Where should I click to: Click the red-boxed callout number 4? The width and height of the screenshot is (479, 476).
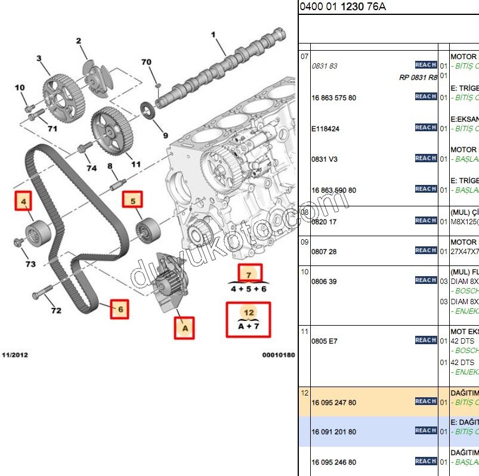coord(24,202)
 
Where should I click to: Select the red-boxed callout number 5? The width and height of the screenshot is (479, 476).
coord(132,200)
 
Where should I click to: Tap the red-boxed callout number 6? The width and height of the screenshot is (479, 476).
coord(119,309)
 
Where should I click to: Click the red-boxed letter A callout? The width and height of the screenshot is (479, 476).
coord(184,327)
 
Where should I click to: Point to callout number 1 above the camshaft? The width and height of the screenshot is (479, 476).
coord(213,35)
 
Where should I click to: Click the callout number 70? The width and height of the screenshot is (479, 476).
coord(146,62)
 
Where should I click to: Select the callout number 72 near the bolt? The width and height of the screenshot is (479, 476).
coord(55,311)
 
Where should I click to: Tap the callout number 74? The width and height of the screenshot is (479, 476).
coord(91,168)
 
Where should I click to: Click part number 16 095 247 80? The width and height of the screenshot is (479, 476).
coord(333,403)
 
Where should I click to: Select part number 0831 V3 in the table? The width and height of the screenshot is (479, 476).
coord(325,159)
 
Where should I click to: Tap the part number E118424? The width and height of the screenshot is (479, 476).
coord(325,128)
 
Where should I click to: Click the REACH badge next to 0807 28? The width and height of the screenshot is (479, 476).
coord(426,251)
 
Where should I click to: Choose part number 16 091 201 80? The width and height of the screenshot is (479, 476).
coord(333,432)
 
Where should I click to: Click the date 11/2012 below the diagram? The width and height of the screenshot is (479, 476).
coord(14,355)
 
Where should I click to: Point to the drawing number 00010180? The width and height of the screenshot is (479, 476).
coord(278,355)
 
